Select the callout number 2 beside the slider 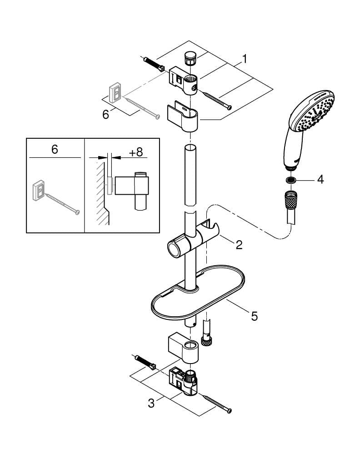(x=238, y=245)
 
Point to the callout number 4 (x=320, y=179)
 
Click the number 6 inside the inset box (x=55, y=150)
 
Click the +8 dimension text (x=135, y=152)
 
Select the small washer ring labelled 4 (x=290, y=180)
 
